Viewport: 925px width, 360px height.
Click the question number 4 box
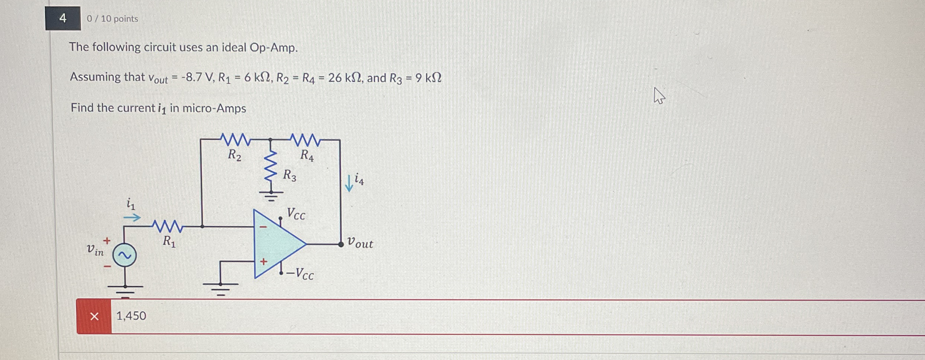point(63,18)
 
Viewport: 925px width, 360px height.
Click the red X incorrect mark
point(94,316)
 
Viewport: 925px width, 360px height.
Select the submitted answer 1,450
point(131,316)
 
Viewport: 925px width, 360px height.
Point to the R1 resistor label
point(169,241)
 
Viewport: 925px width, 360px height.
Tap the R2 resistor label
point(234,155)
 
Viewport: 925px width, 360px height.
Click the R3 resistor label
point(289,175)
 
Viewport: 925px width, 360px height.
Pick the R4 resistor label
point(307,155)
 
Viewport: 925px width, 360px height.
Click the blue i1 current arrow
point(132,217)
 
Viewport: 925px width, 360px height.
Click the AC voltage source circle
point(125,255)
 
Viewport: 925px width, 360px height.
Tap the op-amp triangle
point(277,244)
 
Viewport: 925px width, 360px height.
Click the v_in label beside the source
point(95,250)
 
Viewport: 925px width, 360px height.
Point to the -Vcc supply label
point(300,274)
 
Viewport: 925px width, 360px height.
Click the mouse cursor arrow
point(658,95)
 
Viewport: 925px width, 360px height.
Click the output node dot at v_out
point(341,244)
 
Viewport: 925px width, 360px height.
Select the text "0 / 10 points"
point(112,19)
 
